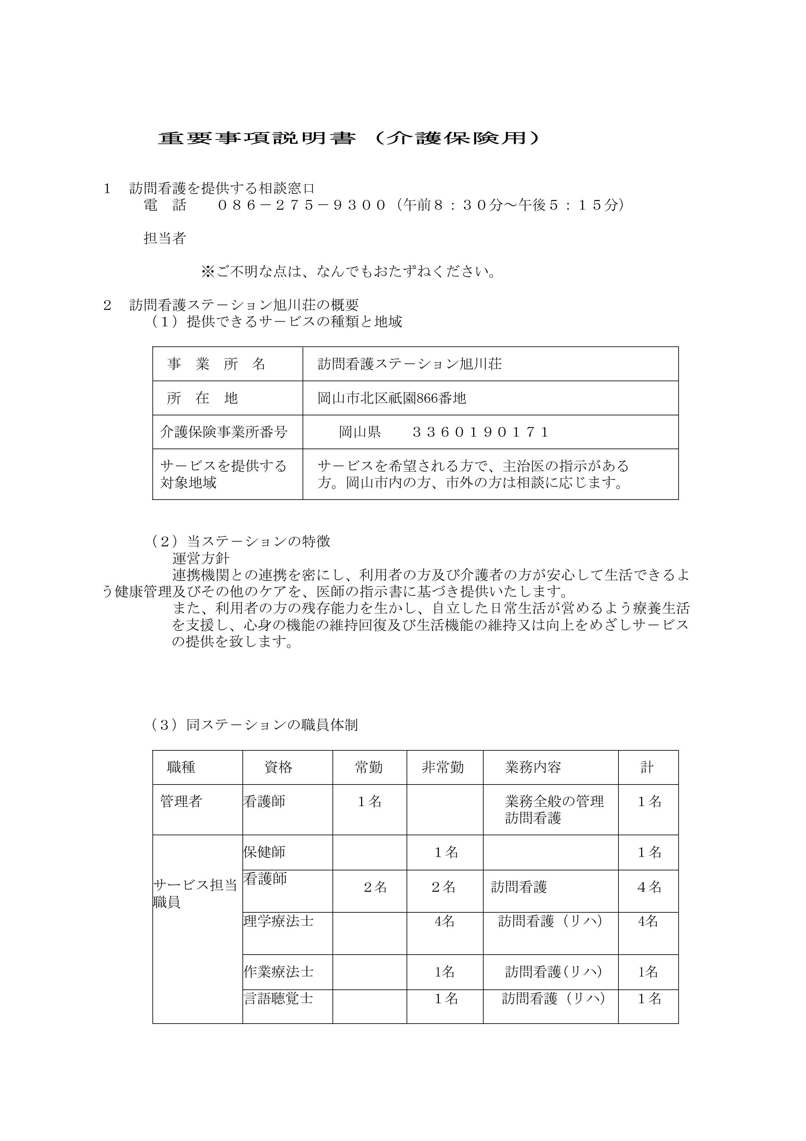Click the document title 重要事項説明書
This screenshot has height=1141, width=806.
[x=257, y=138]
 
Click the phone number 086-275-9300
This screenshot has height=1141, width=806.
[x=302, y=205]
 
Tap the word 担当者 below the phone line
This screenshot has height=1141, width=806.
[x=164, y=238]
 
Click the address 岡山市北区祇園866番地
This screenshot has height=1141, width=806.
[x=392, y=398]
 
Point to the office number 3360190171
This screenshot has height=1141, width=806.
[x=480, y=432]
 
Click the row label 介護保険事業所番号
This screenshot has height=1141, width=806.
[x=224, y=432]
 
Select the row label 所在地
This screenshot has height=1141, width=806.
[x=202, y=398]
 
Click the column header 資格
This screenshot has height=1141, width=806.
[x=278, y=768]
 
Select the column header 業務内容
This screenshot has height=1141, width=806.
[x=533, y=768]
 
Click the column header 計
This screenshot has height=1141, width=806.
[x=647, y=768]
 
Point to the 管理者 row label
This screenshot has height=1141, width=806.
[x=181, y=801]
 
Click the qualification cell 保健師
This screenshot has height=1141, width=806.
[x=264, y=852]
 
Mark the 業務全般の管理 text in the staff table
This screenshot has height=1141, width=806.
[x=554, y=801]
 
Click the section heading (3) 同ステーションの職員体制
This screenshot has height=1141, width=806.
[x=255, y=725]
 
